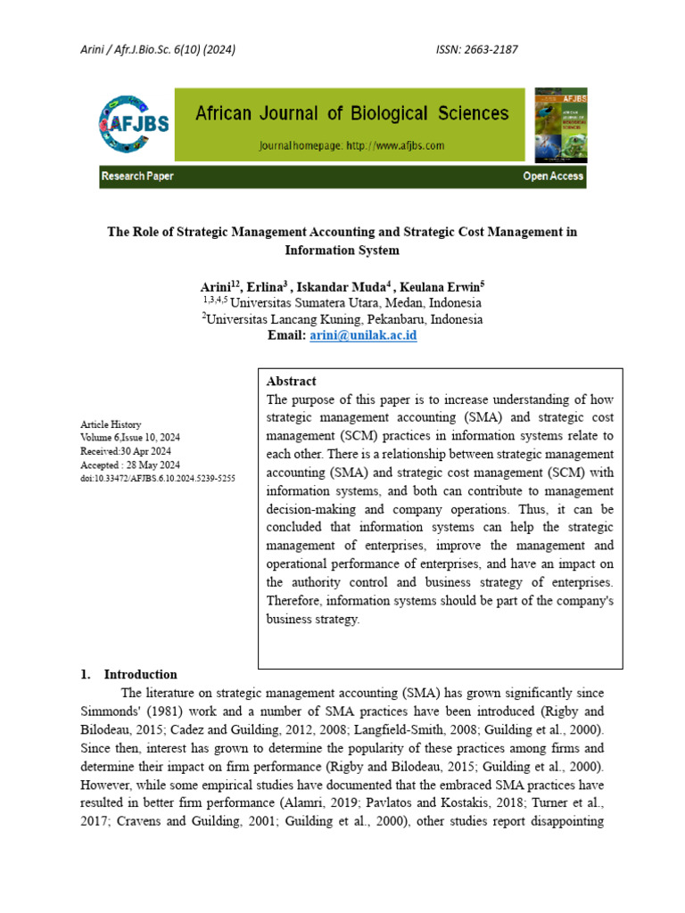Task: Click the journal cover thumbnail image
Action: click(x=560, y=124)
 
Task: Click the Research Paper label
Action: click(x=137, y=177)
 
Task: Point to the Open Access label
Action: click(x=553, y=177)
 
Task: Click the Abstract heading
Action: click(x=292, y=381)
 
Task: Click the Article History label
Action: click(x=111, y=424)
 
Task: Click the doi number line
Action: click(x=157, y=478)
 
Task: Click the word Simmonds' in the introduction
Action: click(x=112, y=711)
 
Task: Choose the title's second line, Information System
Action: click(x=342, y=251)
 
